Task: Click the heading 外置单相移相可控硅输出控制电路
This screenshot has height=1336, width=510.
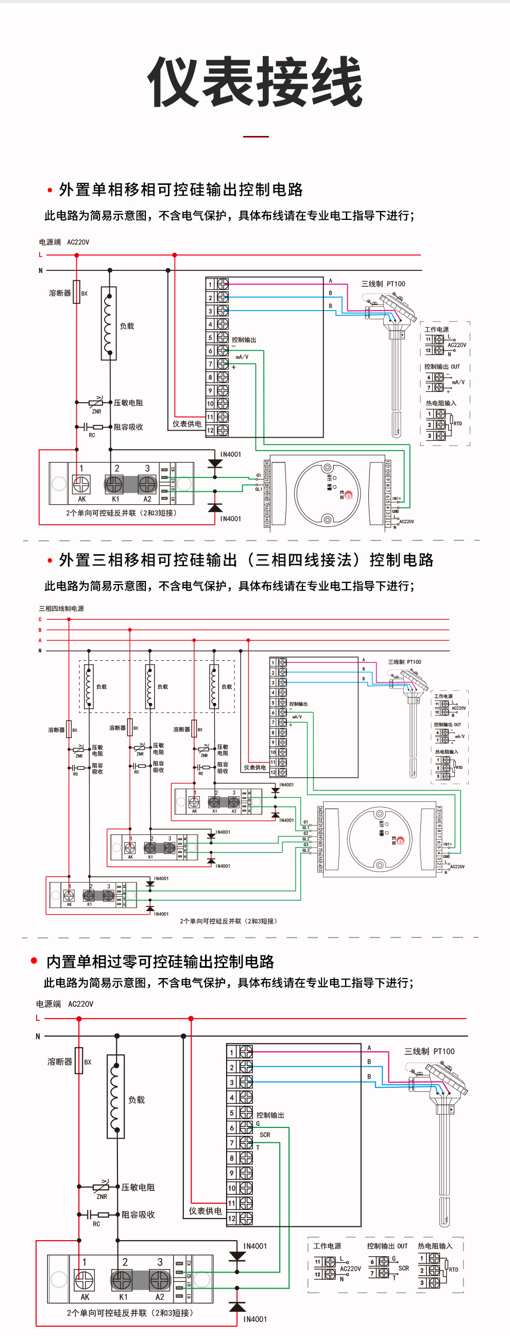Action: pyautogui.click(x=180, y=190)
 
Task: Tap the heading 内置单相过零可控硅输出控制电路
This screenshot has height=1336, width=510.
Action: pyautogui.click(x=160, y=962)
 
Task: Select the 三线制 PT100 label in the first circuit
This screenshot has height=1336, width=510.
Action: pyautogui.click(x=383, y=284)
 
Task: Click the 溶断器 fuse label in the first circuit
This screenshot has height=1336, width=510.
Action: pyautogui.click(x=60, y=294)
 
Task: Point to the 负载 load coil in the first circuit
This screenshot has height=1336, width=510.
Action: pyautogui.click(x=108, y=322)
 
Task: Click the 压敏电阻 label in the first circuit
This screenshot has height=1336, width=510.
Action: pyautogui.click(x=128, y=403)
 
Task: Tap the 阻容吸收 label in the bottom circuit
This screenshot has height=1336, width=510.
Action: pyautogui.click(x=138, y=1214)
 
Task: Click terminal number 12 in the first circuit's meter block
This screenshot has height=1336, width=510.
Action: pyautogui.click(x=210, y=431)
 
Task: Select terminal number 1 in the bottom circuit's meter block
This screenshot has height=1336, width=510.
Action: pyautogui.click(x=232, y=1052)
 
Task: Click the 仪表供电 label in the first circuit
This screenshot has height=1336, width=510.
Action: pyautogui.click(x=187, y=424)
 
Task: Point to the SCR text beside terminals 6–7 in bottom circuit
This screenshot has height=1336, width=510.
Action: pyautogui.click(x=265, y=1135)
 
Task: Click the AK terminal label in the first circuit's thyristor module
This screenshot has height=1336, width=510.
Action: pyautogui.click(x=82, y=499)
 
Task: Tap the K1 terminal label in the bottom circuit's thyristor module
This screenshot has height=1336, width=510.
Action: pyautogui.click(x=124, y=1296)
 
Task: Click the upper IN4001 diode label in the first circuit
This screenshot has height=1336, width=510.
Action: pyautogui.click(x=230, y=454)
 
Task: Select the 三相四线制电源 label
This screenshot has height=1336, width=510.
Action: pyautogui.click(x=61, y=608)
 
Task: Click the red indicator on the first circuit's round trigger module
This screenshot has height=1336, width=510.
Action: pyautogui.click(x=348, y=495)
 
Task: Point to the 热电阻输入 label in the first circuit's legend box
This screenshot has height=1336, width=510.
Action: pyautogui.click(x=440, y=403)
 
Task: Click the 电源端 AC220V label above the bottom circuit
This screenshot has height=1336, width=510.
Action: pyautogui.click(x=64, y=1004)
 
